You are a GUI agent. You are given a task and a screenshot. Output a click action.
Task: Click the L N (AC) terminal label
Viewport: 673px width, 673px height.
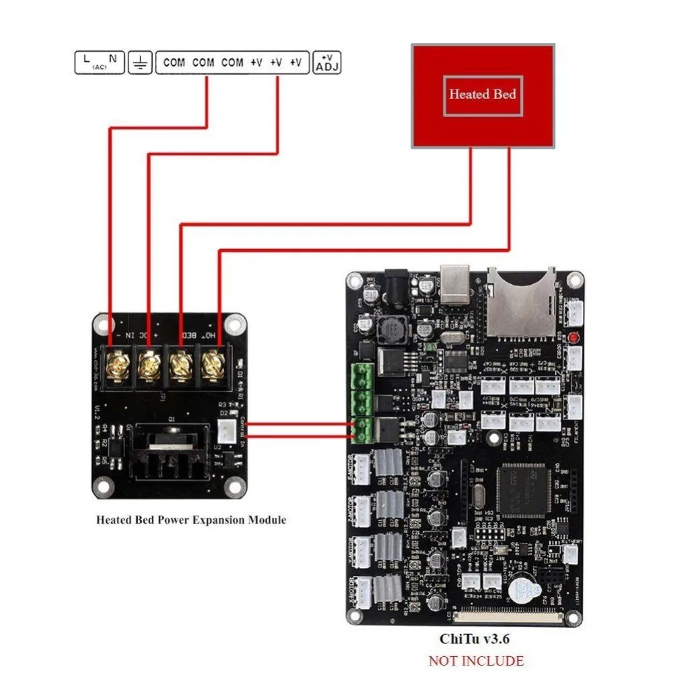[98, 62]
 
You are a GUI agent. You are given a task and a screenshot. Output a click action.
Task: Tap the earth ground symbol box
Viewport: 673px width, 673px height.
[140, 63]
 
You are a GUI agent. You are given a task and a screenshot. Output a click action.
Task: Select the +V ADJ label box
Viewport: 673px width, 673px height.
[327, 63]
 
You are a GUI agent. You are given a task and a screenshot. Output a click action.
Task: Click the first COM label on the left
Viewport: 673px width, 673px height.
[174, 63]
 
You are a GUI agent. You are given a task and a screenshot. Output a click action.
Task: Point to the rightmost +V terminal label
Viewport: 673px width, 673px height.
[295, 63]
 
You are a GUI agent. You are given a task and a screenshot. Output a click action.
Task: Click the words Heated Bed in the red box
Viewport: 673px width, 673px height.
[483, 94]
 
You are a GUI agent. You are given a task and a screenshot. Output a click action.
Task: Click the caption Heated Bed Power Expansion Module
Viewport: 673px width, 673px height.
[190, 520]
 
